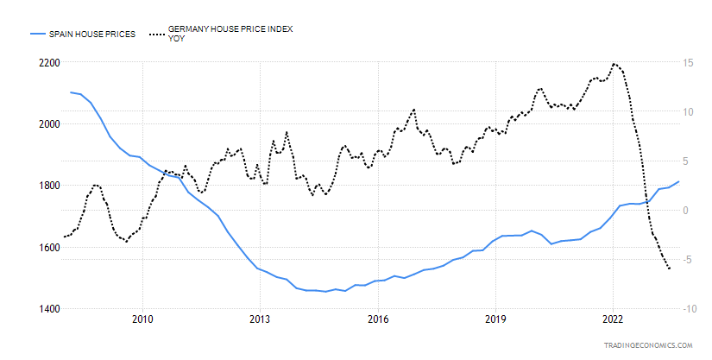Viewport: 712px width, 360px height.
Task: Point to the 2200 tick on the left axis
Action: point(47,63)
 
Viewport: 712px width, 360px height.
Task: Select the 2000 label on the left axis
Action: point(47,124)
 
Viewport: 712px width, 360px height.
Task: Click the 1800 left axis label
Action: point(47,186)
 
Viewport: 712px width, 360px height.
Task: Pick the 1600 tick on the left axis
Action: point(47,248)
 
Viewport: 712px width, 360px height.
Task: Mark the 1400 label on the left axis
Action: point(47,309)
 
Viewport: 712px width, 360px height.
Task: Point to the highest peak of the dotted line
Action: point(614,63)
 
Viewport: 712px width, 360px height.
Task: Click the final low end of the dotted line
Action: point(670,269)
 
